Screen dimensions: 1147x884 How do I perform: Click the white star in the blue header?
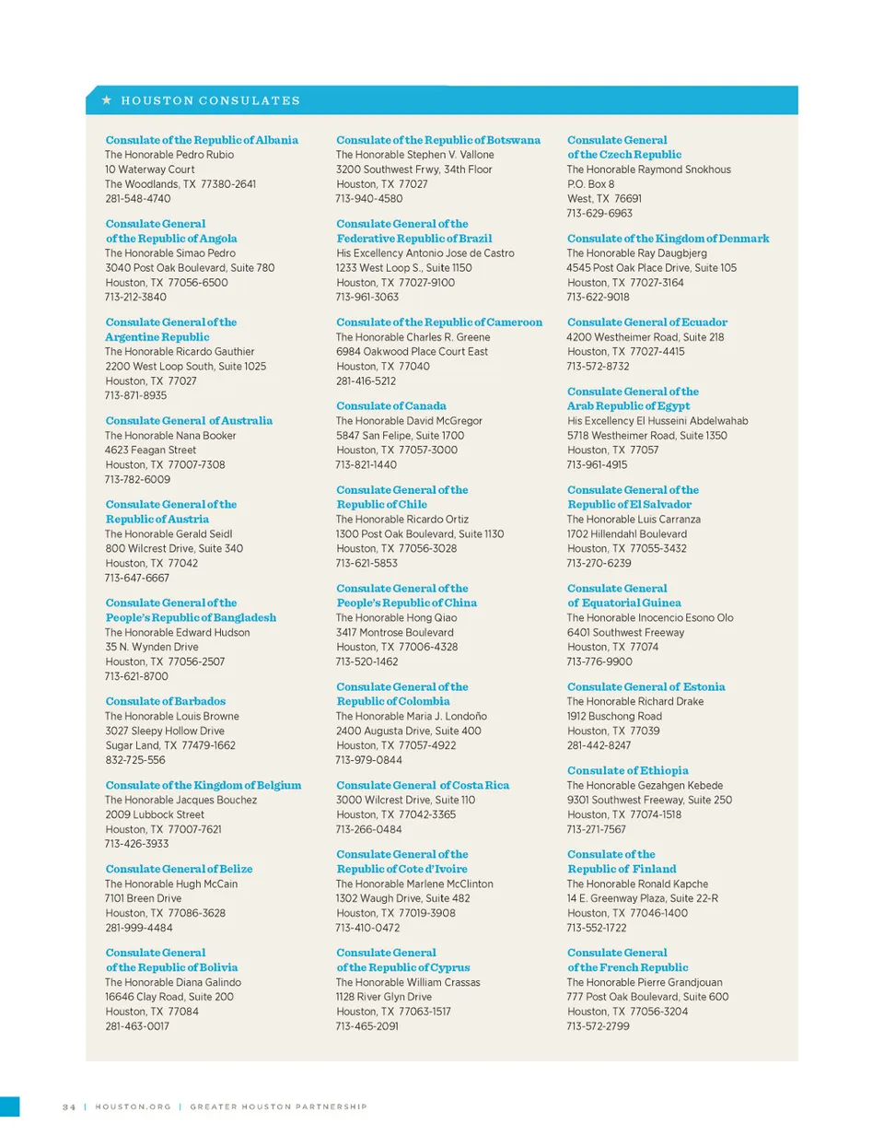(107, 99)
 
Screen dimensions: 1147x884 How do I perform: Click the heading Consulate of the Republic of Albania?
(202, 140)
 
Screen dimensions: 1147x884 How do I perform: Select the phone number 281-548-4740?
(137, 198)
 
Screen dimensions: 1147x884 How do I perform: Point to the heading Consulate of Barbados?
(165, 701)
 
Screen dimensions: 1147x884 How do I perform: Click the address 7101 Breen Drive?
(143, 898)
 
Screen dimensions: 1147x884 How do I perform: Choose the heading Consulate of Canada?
(390, 405)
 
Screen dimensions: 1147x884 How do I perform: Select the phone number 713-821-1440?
(366, 464)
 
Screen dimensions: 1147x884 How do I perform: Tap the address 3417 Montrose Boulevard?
(394, 633)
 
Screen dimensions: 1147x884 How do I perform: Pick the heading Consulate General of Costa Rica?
(422, 785)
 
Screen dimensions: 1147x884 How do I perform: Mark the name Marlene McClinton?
(450, 884)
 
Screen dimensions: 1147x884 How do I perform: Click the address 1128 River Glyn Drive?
(383, 997)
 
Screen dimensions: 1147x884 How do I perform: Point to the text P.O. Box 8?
(590, 184)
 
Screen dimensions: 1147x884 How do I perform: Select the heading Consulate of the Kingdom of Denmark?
(668, 239)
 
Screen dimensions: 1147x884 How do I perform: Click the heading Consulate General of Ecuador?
(646, 322)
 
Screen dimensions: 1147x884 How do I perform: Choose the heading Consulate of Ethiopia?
(627, 770)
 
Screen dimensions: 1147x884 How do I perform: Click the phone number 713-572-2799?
(598, 1026)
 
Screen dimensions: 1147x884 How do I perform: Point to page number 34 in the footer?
(69, 1106)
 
